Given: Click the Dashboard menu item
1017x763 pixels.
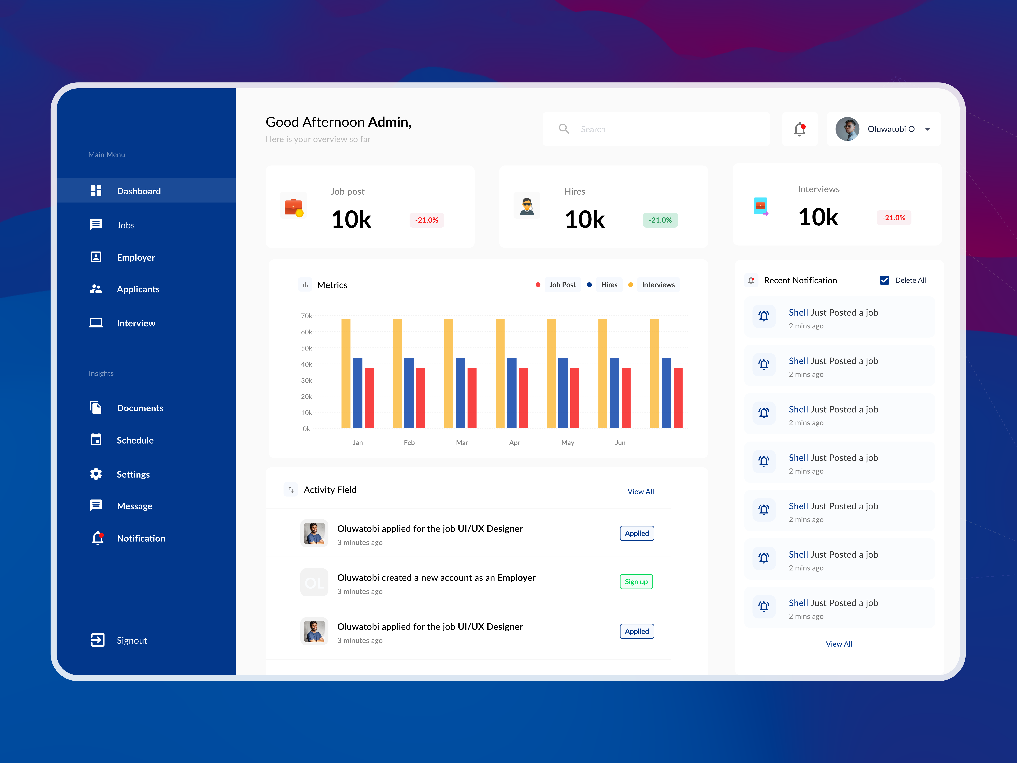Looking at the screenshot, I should click(x=138, y=191).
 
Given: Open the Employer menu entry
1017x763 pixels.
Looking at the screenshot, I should click(x=136, y=258).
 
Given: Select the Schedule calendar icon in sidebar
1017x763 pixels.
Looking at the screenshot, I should click(x=96, y=440).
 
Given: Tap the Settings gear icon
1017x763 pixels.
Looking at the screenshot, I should click(x=96, y=474).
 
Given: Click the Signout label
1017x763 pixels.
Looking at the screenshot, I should click(x=132, y=641).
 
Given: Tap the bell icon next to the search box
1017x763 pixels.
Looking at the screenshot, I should click(x=799, y=129).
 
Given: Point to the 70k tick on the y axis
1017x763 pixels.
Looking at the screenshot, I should click(x=306, y=316).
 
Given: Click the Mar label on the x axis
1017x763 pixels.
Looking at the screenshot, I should click(x=462, y=442).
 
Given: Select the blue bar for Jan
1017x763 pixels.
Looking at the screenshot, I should click(x=358, y=393).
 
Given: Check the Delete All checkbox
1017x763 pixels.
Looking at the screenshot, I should click(x=884, y=280).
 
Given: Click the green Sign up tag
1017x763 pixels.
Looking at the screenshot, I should click(x=636, y=582).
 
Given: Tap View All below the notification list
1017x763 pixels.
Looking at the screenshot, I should click(x=839, y=644).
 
